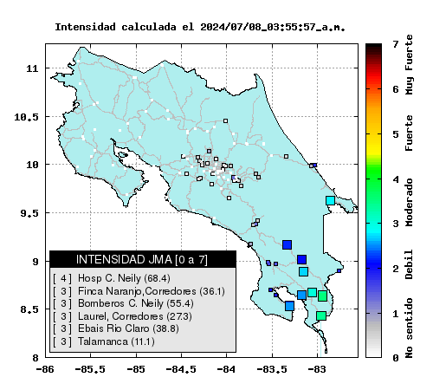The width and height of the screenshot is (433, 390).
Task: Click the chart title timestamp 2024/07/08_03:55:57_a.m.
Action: click(x=273, y=27)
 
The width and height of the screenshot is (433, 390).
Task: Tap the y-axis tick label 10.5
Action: click(x=26, y=117)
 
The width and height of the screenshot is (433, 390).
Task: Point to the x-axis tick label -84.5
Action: click(x=181, y=369)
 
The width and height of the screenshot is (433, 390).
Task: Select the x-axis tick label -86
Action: click(x=45, y=369)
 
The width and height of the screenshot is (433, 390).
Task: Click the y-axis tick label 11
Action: click(x=32, y=68)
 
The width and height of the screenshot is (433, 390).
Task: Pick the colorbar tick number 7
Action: click(x=396, y=44)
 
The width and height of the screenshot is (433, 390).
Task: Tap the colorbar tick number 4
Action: click(x=396, y=179)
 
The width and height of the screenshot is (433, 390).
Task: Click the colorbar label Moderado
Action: click(x=409, y=202)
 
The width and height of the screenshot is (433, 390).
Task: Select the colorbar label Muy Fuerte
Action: click(x=409, y=65)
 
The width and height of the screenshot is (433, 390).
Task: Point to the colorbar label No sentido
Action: click(x=409, y=328)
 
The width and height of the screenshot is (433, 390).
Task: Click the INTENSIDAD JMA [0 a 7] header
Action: click(x=142, y=259)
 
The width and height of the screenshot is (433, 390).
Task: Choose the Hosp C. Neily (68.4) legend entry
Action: click(x=112, y=278)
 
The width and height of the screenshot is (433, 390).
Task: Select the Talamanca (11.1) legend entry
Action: click(x=104, y=341)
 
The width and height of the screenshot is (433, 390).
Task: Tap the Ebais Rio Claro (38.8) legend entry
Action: click(x=116, y=328)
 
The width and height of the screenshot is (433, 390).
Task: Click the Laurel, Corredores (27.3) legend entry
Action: click(x=122, y=316)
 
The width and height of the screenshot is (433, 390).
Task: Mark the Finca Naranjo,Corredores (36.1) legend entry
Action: click(x=139, y=291)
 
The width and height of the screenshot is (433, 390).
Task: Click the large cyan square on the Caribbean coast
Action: click(x=330, y=200)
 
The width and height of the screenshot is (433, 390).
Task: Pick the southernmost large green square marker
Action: click(x=321, y=315)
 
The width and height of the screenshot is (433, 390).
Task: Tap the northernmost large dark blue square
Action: click(x=287, y=244)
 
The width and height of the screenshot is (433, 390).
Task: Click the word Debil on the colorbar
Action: click(x=409, y=264)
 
